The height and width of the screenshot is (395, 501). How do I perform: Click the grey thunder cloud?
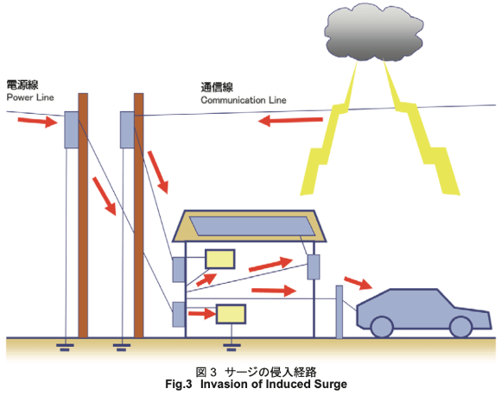pyautogui.click(x=374, y=33)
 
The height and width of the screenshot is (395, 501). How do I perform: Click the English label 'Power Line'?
pyautogui.click(x=30, y=97)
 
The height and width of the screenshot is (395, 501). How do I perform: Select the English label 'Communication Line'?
pyautogui.click(x=244, y=100)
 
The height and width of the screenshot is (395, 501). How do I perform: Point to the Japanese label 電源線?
pyautogui.click(x=22, y=85)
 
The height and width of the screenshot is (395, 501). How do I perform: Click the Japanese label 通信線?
pyautogui.click(x=217, y=87)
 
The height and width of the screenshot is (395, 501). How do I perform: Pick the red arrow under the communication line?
pyautogui.click(x=290, y=121)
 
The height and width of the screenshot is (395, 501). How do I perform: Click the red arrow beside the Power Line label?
pyautogui.click(x=38, y=122)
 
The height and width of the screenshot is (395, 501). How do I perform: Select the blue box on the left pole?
pyautogui.click(x=72, y=129)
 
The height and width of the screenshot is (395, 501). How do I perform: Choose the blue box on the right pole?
pyautogui.click(x=127, y=129)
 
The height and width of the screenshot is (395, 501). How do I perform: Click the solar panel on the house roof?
pyautogui.click(x=252, y=226)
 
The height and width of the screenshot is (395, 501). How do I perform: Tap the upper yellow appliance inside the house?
pyautogui.click(x=219, y=259)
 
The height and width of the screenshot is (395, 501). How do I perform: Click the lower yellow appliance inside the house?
pyautogui.click(x=231, y=314)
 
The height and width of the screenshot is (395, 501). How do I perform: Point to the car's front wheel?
pyautogui.click(x=460, y=327)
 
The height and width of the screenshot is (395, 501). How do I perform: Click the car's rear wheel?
pyautogui.click(x=382, y=327)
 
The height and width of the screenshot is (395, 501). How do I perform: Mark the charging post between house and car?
pyautogui.click(x=339, y=312)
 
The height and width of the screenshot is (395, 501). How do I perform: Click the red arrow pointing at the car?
pyautogui.click(x=358, y=283)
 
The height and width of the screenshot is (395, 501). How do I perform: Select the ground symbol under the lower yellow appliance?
pyautogui.click(x=231, y=347)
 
